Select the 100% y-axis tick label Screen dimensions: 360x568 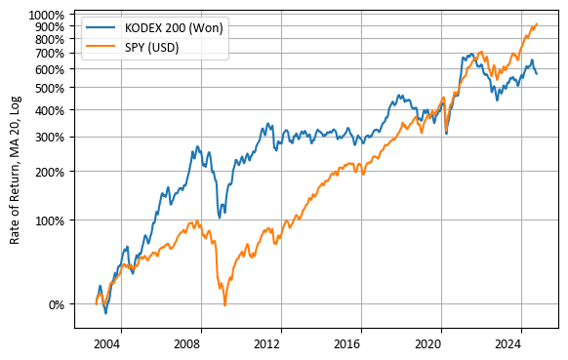tap(52, 220)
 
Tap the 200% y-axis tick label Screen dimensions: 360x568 tap(52, 172)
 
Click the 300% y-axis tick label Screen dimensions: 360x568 tap(52, 137)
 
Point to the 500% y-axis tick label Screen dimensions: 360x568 tap(52, 88)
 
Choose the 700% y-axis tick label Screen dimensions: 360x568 tap(52, 53)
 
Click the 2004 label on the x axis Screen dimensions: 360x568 tap(106, 344)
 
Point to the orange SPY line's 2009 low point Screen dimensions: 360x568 tap(224, 305)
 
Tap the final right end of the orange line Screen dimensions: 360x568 tap(537, 24)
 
